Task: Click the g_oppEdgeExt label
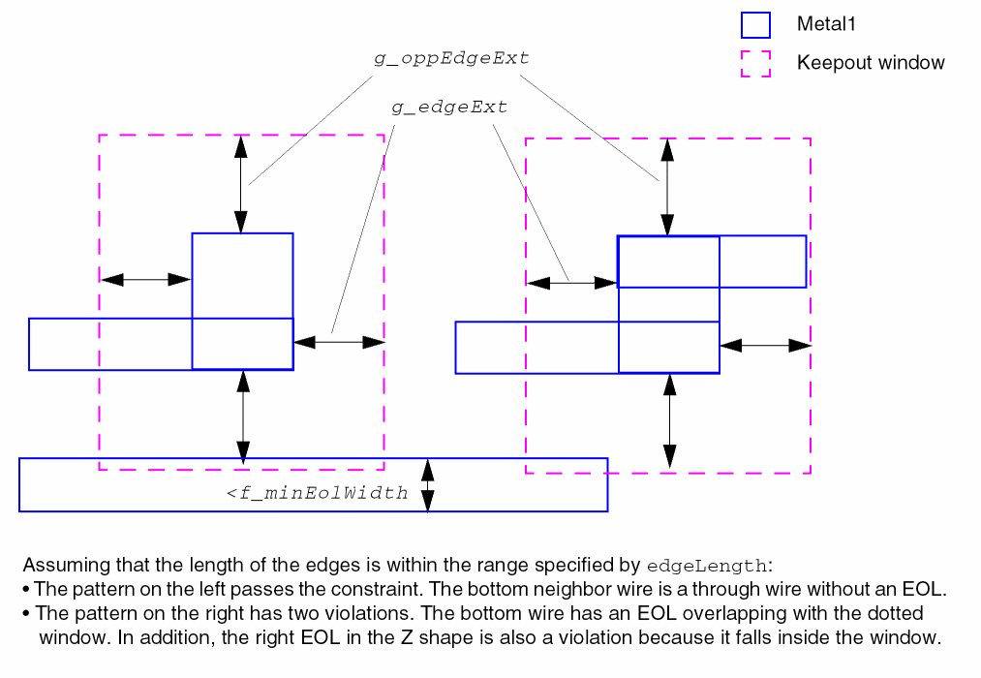pyautogui.click(x=451, y=58)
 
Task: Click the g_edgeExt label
pyautogui.click(x=449, y=108)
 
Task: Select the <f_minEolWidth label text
pyautogui.click(x=318, y=493)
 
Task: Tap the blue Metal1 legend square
pyautogui.click(x=755, y=25)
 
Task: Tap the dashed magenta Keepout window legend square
pyautogui.click(x=755, y=63)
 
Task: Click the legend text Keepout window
pyautogui.click(x=871, y=63)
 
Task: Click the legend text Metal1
pyautogui.click(x=826, y=25)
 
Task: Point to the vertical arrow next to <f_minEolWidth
pyautogui.click(x=427, y=485)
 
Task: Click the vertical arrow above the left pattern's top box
pyautogui.click(x=241, y=184)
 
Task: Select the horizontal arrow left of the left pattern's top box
pyautogui.click(x=146, y=280)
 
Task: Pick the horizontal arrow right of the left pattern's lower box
pyautogui.click(x=339, y=341)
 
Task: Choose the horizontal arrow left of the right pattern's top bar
pyautogui.click(x=571, y=283)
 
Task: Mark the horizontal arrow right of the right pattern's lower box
pyautogui.click(x=765, y=345)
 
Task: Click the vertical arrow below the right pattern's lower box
pyautogui.click(x=669, y=421)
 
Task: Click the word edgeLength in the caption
pyautogui.click(x=706, y=566)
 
